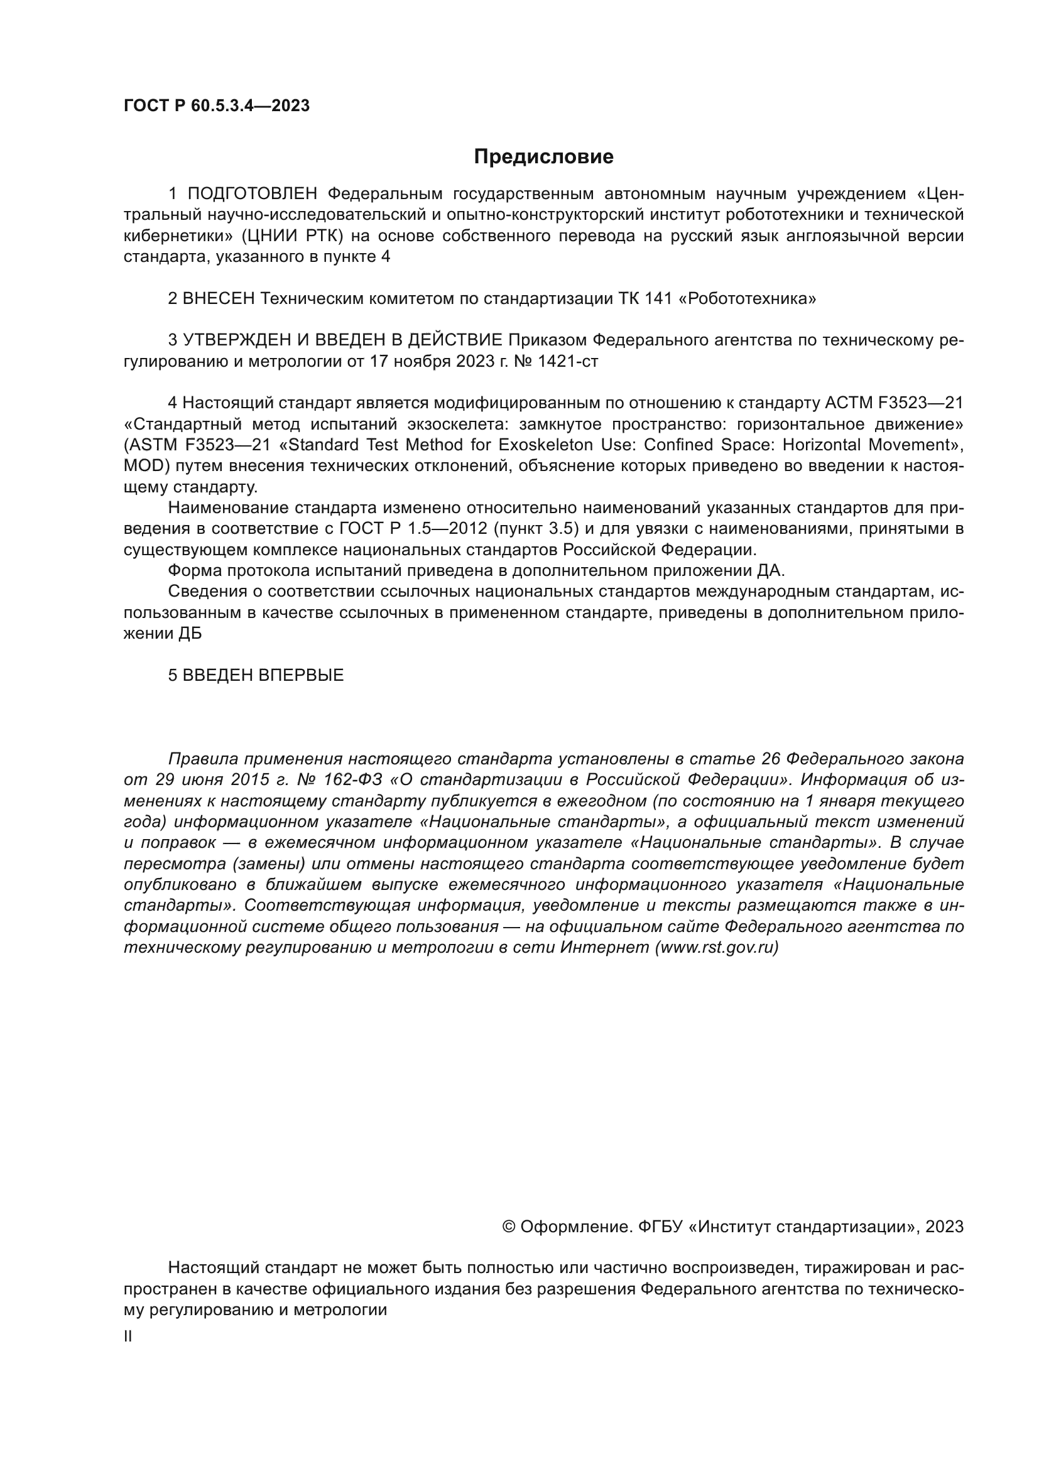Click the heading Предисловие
click(x=543, y=157)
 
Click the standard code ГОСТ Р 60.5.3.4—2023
click(x=216, y=106)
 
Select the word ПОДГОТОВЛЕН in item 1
click(x=253, y=194)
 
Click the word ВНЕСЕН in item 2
click(x=219, y=299)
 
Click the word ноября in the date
click(x=422, y=362)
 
